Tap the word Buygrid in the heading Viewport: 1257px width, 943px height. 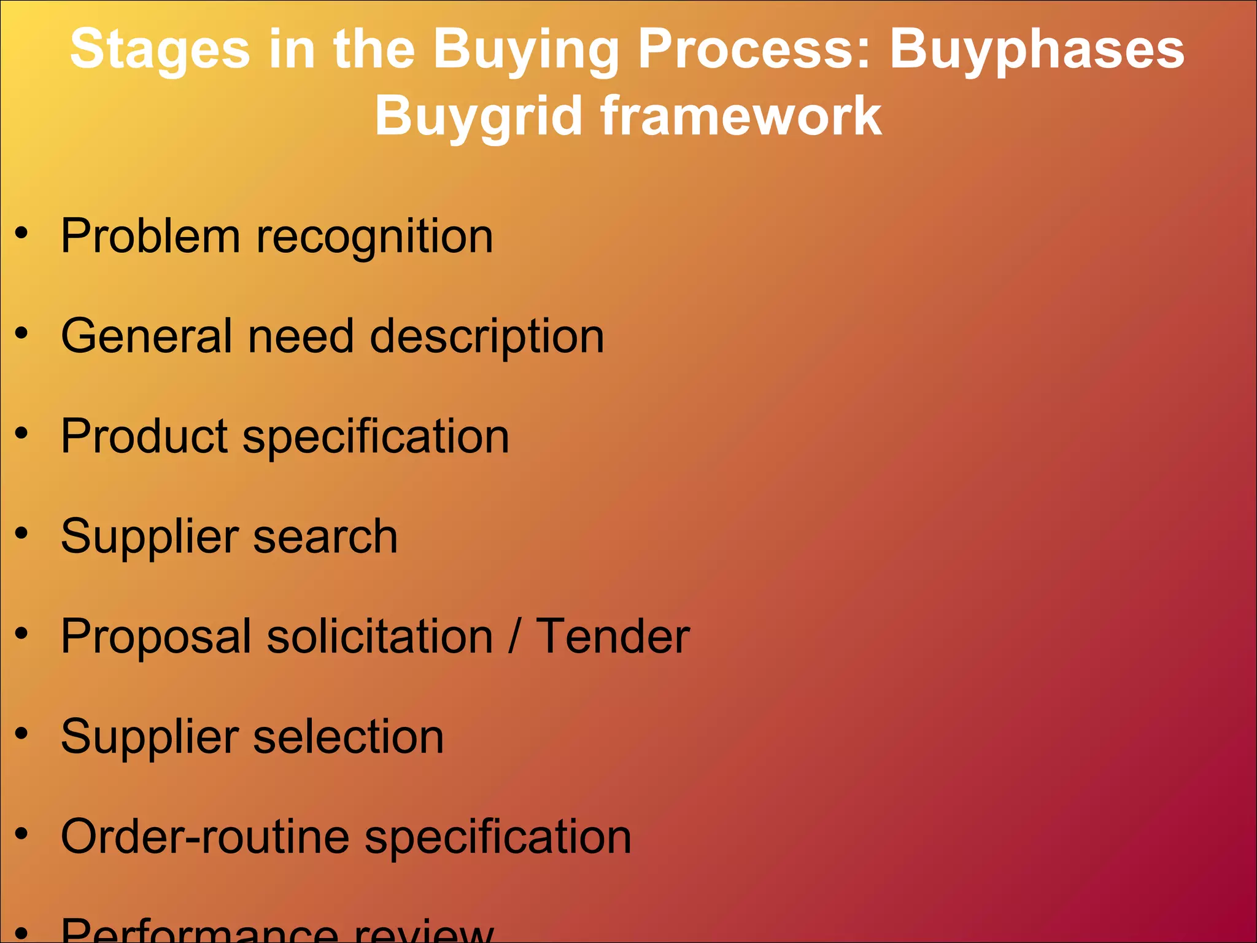click(x=478, y=117)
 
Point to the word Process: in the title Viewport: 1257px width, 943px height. click(x=754, y=49)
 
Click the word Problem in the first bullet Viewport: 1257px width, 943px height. click(x=150, y=236)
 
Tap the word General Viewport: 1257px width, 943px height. click(x=147, y=336)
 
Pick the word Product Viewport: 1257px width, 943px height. click(x=145, y=436)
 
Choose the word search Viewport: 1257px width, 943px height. click(x=325, y=536)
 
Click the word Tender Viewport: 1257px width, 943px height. click(x=613, y=636)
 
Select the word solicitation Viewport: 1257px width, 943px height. click(x=381, y=636)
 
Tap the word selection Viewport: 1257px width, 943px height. click(x=348, y=736)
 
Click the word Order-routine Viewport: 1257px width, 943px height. click(x=205, y=836)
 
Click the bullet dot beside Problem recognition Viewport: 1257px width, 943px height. click(x=22, y=233)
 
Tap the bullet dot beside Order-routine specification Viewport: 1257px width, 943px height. click(x=22, y=833)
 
